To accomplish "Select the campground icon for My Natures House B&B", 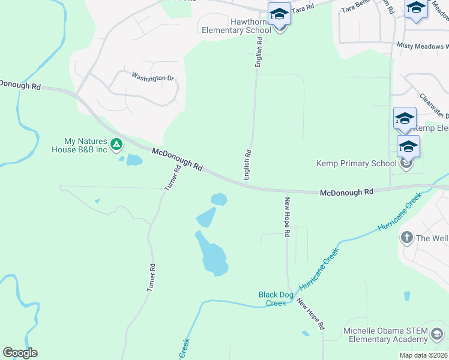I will pyautogui.click(x=116, y=145).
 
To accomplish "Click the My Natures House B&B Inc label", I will pyautogui.click(x=85, y=145).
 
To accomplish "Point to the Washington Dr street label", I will pyautogui.click(x=152, y=77).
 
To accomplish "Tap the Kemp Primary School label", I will pyautogui.click(x=357, y=163).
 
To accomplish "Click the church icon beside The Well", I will pyautogui.click(x=406, y=238).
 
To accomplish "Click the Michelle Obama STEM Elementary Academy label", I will pyautogui.click(x=385, y=335).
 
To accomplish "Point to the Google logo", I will pyautogui.click(x=20, y=353).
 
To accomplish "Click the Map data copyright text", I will pyautogui.click(x=423, y=355).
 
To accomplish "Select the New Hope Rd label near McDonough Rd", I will pyautogui.click(x=288, y=217).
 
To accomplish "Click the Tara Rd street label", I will pyautogui.click(x=303, y=7).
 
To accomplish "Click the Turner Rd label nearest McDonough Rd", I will pyautogui.click(x=173, y=178).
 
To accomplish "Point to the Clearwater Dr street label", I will pyautogui.click(x=433, y=106).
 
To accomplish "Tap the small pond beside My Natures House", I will pyautogui.click(x=134, y=160).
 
